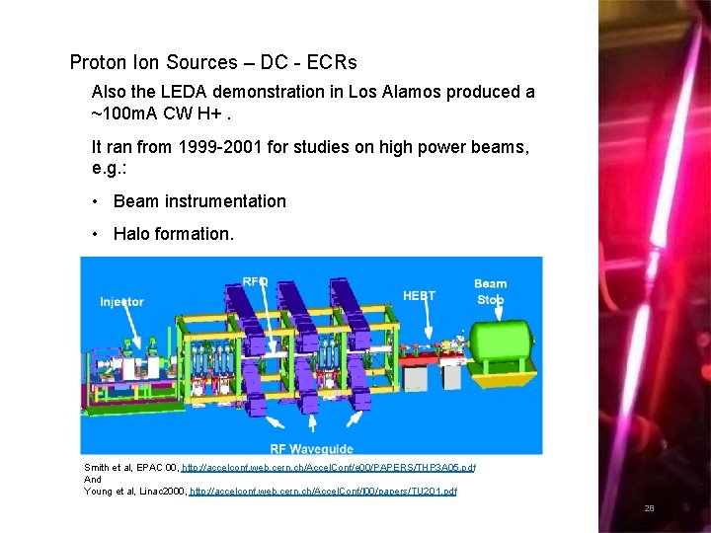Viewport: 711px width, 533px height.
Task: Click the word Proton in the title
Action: click(98, 62)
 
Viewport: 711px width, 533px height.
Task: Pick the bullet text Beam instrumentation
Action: click(199, 201)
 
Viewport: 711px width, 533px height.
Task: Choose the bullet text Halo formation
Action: click(174, 234)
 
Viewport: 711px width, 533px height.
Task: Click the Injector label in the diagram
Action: click(121, 301)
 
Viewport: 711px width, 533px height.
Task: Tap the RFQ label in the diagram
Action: click(256, 281)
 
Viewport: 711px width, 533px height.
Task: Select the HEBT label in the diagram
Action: click(419, 294)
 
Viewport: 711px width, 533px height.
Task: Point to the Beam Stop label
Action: click(490, 291)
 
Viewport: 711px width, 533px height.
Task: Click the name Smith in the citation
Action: click(97, 467)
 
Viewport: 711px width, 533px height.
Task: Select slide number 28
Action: click(649, 508)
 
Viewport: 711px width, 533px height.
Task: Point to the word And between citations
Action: click(93, 479)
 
